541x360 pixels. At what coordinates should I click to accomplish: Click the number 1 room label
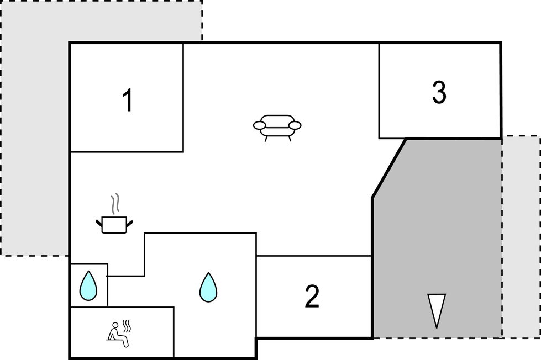(x=128, y=100)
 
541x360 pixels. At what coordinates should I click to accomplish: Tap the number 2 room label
(x=312, y=296)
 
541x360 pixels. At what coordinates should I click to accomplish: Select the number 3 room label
(x=439, y=92)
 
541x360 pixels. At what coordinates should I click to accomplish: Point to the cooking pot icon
(x=114, y=225)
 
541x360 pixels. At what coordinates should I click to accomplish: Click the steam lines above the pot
(x=115, y=203)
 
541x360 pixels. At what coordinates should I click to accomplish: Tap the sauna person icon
(x=118, y=335)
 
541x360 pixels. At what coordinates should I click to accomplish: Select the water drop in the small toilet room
(x=88, y=286)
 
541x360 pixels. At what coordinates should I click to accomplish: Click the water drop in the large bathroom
(x=208, y=288)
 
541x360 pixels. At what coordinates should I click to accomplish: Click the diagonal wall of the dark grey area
(x=389, y=168)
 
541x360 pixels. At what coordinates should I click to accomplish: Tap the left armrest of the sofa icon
(x=260, y=125)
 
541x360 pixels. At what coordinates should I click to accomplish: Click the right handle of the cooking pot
(x=130, y=224)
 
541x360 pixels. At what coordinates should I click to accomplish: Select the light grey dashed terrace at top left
(x=34, y=128)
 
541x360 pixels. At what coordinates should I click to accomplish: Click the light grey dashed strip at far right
(x=521, y=236)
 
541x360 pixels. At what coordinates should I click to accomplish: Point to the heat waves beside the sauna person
(x=127, y=325)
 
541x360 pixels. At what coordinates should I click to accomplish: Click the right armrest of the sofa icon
(x=295, y=125)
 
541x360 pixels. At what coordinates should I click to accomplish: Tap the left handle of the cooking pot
(x=99, y=224)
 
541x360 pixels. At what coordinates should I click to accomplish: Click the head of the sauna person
(x=115, y=325)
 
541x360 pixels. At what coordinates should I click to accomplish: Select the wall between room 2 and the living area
(x=314, y=256)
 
